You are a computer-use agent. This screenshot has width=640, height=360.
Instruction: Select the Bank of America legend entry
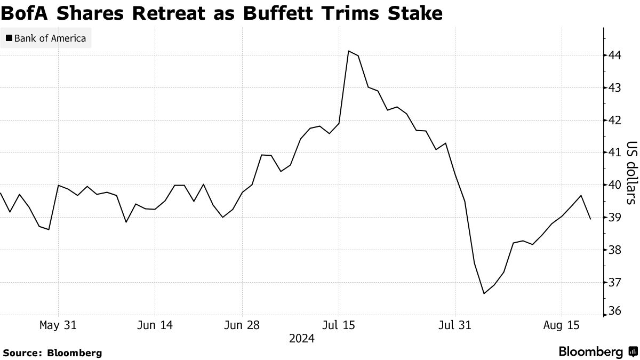(46, 38)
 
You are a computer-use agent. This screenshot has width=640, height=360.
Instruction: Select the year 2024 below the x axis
(301, 338)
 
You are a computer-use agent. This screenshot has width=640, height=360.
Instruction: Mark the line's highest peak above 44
(348, 51)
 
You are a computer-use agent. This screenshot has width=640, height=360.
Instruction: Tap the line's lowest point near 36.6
(484, 293)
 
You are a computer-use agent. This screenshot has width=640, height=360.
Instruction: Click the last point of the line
(590, 219)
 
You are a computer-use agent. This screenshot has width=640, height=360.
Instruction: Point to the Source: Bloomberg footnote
(52, 353)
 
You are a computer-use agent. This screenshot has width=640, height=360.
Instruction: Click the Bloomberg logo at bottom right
(597, 351)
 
